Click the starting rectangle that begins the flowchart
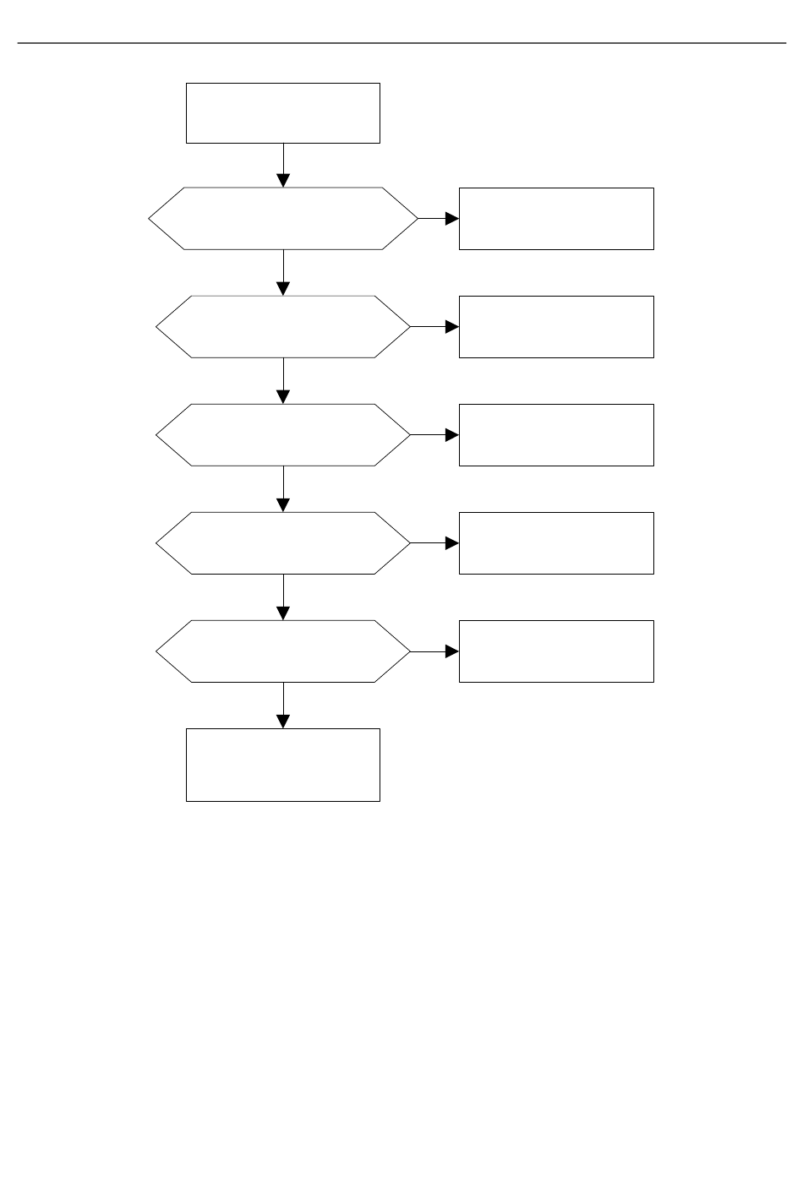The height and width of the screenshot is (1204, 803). pos(282,113)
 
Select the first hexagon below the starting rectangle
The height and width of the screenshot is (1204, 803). pos(282,218)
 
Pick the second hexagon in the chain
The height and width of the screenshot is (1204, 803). pos(282,326)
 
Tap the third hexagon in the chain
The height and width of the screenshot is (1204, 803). pos(282,434)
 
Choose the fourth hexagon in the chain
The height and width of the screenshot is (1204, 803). pos(282,542)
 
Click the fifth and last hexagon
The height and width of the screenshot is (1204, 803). pos(282,651)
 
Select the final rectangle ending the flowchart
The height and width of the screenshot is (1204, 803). pos(282,764)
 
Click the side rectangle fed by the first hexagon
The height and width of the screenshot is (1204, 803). pos(556,218)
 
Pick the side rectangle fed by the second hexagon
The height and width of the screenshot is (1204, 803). pos(556,326)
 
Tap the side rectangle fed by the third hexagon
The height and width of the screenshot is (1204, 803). pos(556,434)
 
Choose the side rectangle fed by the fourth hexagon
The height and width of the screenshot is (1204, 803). pos(556,542)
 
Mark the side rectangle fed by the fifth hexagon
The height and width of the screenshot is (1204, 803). pos(556,651)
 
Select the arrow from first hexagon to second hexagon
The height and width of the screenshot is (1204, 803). pos(283,272)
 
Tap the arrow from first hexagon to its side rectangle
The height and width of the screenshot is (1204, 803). pos(438,218)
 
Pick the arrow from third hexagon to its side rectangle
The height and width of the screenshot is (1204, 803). pos(434,434)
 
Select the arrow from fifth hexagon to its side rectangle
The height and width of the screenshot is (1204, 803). pos(434,651)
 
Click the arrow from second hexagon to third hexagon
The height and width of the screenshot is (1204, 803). pos(283,380)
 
